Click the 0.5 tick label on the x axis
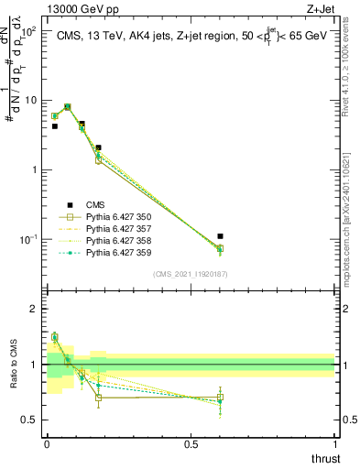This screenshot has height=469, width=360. (x=191, y=443)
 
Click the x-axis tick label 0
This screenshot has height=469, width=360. (x=47, y=443)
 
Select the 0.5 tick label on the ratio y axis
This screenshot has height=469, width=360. (x=32, y=420)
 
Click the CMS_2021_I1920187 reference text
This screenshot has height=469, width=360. (x=190, y=274)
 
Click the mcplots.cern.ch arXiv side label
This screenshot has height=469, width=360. (x=352, y=212)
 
